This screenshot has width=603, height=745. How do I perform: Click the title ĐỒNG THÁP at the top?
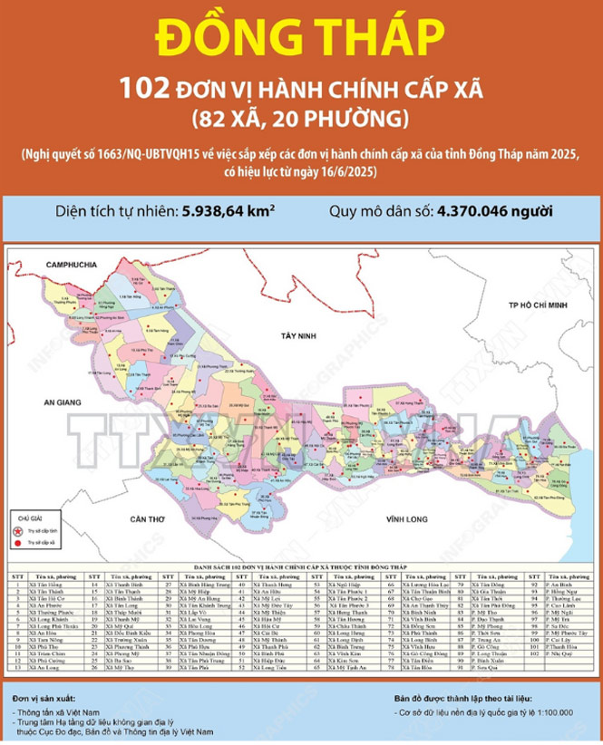point(301,37)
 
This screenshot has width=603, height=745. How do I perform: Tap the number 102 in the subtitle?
point(144,88)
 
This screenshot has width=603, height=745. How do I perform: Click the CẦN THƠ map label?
point(144,518)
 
